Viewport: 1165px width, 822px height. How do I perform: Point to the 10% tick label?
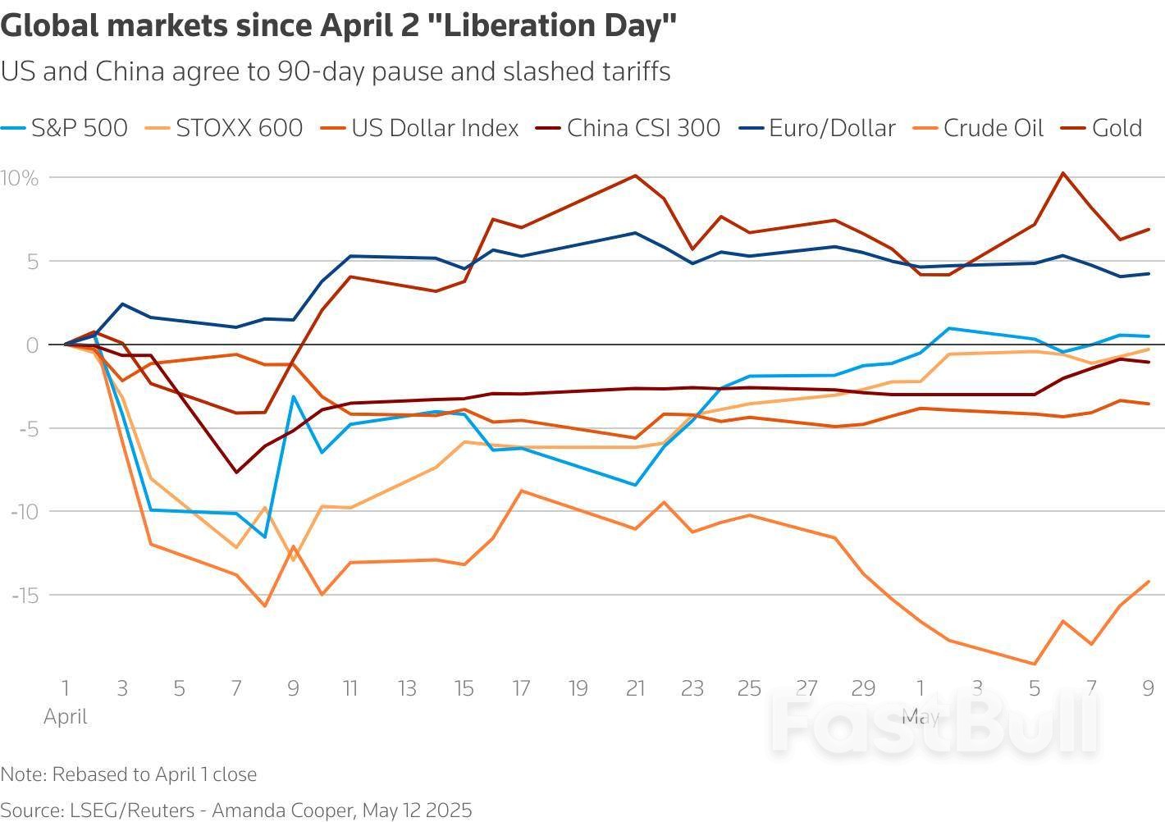click(x=20, y=178)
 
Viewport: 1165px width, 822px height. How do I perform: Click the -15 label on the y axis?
click(x=24, y=595)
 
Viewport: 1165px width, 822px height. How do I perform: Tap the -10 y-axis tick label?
click(x=24, y=511)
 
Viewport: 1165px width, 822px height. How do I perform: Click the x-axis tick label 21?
click(x=635, y=687)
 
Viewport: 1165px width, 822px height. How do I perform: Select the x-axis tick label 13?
click(x=407, y=687)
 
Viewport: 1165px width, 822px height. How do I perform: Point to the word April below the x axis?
click(x=66, y=716)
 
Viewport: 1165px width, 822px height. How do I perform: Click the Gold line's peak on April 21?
click(x=635, y=175)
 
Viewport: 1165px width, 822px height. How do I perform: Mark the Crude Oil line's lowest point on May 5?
click(x=1035, y=664)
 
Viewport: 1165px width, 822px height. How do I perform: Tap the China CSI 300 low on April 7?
click(x=236, y=472)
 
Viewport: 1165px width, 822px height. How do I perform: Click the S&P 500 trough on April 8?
click(x=265, y=537)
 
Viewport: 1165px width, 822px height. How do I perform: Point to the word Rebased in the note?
click(x=83, y=774)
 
